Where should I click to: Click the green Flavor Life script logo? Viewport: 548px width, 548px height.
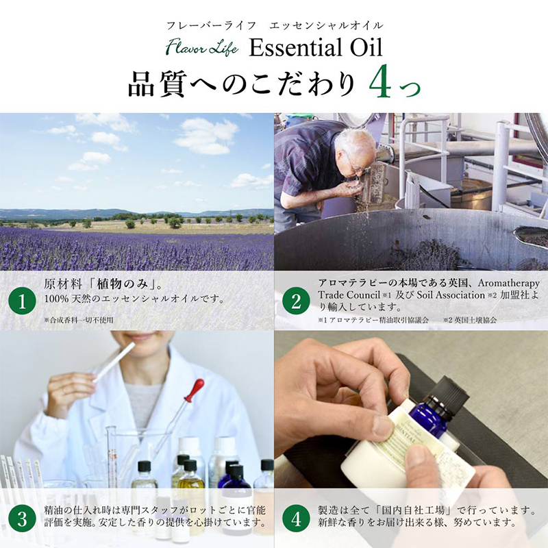pyautogui.click(x=202, y=47)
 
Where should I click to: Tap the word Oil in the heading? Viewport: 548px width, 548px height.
pyautogui.click(x=366, y=47)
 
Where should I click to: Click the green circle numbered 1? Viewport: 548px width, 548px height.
pyautogui.click(x=22, y=301)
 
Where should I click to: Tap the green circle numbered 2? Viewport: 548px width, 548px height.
pyautogui.click(x=296, y=301)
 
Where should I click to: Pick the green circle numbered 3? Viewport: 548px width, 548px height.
pyautogui.click(x=22, y=519)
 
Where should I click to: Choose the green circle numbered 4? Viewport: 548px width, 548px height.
pyautogui.click(x=296, y=519)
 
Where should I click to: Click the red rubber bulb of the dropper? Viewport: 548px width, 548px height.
pyautogui.click(x=194, y=390)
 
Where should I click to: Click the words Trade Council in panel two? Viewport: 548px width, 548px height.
pyautogui.click(x=349, y=295)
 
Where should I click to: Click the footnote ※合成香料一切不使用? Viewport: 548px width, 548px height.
pyautogui.click(x=79, y=320)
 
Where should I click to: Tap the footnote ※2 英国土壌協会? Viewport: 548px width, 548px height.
pyautogui.click(x=470, y=320)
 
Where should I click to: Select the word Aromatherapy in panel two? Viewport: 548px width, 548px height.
pyautogui.click(x=509, y=283)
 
